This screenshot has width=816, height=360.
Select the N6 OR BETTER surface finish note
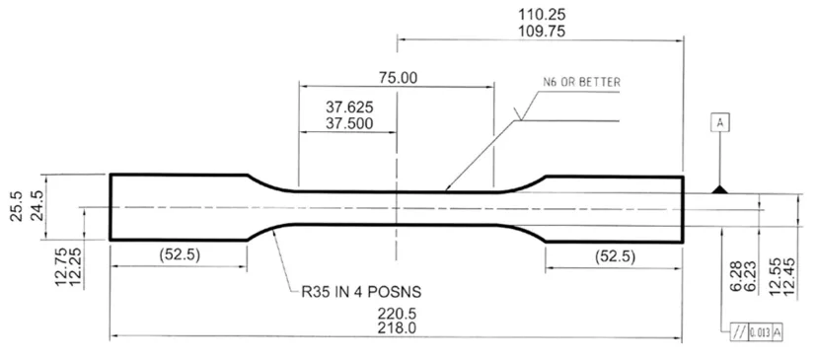pos(581,84)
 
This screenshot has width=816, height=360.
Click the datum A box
pos(721,123)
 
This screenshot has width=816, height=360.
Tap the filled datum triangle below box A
pos(721,188)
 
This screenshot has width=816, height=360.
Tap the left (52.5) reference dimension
pos(179,253)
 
